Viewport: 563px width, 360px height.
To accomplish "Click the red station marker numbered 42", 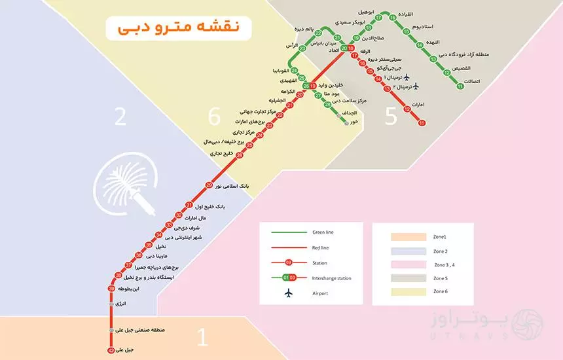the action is (111, 351).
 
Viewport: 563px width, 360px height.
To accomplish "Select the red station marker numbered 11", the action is (422, 123).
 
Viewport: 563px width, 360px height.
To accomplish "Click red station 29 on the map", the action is (209, 185).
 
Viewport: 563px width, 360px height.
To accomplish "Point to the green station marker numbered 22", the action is (318, 33).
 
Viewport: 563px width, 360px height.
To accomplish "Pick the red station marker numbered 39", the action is (111, 289).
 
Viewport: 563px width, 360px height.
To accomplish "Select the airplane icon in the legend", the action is (289, 293).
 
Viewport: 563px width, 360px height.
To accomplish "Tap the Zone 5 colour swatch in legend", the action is (403, 278).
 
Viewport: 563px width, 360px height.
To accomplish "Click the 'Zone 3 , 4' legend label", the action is (445, 264).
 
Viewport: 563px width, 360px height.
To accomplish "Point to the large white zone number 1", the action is (202, 338).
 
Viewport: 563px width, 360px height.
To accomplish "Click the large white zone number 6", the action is (214, 117).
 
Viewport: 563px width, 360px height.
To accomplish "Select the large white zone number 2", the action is (120, 117).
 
